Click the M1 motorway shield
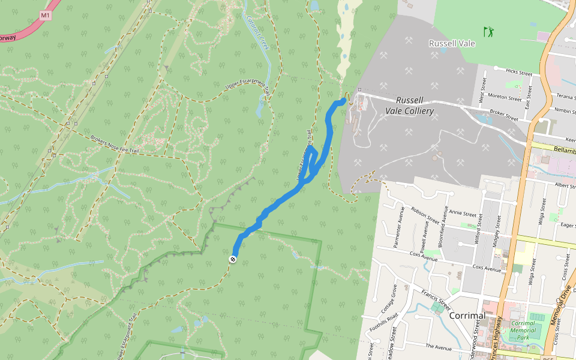click(x=46, y=14)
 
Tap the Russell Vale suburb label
click(x=452, y=43)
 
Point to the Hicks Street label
click(x=519, y=71)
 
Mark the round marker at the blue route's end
click(x=232, y=259)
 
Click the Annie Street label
click(x=463, y=213)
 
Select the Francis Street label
click(x=435, y=296)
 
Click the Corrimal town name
click(x=467, y=315)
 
